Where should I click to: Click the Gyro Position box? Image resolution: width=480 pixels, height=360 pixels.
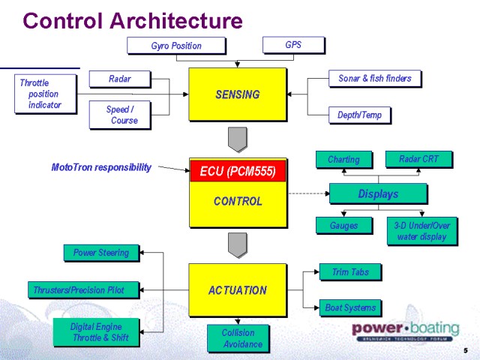click(x=176, y=46)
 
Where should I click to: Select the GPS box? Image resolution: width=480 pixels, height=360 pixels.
click(x=293, y=45)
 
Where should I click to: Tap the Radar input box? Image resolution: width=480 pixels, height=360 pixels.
click(x=120, y=79)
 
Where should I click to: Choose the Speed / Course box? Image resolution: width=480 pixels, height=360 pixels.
click(x=120, y=115)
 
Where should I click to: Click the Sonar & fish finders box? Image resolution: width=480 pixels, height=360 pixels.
click(x=374, y=78)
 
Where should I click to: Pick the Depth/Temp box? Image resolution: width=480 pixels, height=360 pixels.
click(x=359, y=115)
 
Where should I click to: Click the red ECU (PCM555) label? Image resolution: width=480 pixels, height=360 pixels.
click(x=238, y=171)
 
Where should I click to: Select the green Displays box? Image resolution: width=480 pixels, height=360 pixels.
click(x=377, y=193)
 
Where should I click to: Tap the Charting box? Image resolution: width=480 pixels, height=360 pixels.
click(x=343, y=159)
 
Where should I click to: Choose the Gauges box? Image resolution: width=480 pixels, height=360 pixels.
click(x=343, y=225)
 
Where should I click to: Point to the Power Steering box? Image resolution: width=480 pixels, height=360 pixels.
click(x=101, y=253)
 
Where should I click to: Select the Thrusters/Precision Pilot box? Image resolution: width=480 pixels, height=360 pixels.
click(x=85, y=289)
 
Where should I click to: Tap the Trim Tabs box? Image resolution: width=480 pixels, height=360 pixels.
click(x=349, y=272)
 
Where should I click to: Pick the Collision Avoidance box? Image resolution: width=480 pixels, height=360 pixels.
click(x=238, y=338)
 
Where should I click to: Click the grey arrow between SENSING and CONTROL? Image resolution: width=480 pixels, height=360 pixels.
click(x=238, y=139)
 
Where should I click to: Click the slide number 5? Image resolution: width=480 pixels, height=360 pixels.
click(x=466, y=351)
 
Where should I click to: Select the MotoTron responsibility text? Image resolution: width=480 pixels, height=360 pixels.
click(x=101, y=167)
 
